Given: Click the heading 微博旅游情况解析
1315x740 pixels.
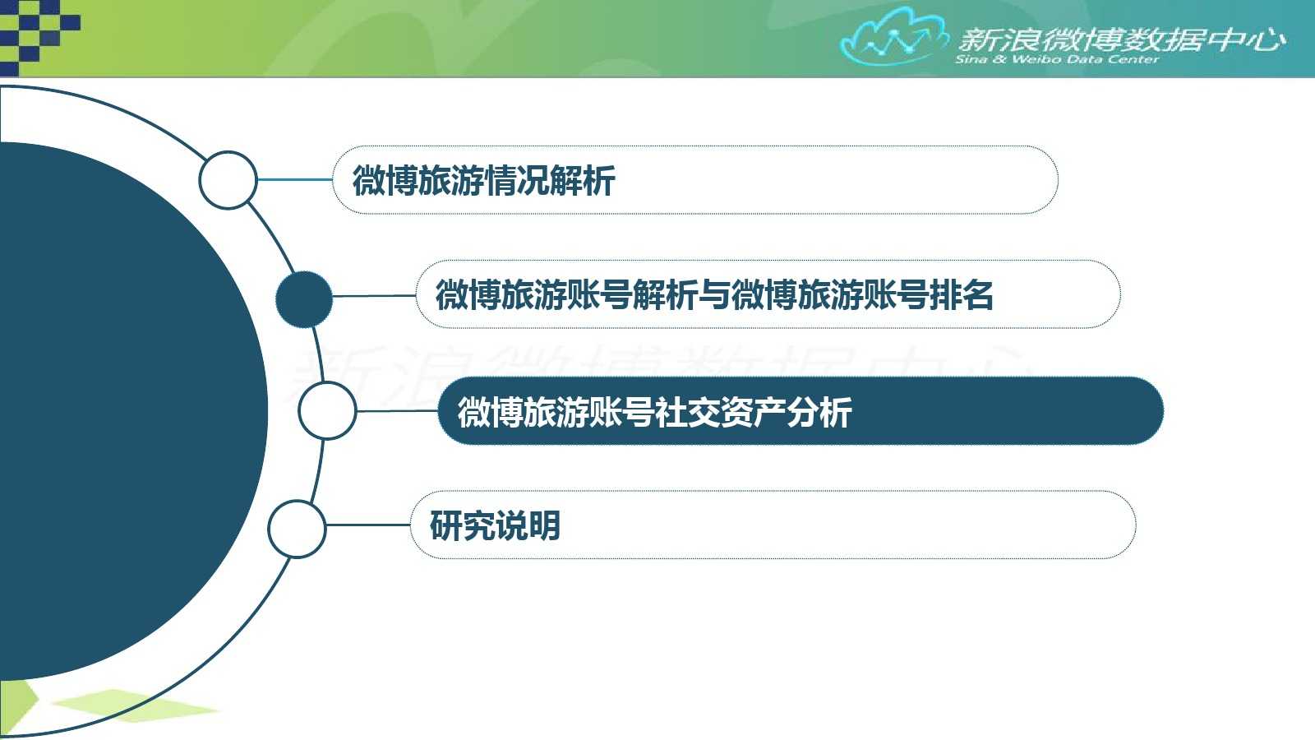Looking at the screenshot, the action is click(484, 180).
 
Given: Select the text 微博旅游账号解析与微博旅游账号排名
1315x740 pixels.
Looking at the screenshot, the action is click(714, 295).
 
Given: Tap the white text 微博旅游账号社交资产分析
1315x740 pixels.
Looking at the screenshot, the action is click(654, 412).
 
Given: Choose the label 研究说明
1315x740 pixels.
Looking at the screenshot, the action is click(495, 525).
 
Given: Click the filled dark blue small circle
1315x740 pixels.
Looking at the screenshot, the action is click(304, 299).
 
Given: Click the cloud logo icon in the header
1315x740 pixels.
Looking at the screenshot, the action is click(893, 36).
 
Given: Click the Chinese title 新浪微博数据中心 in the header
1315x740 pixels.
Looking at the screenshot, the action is click(1121, 40).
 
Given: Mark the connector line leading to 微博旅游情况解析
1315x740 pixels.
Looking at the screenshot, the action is click(295, 180).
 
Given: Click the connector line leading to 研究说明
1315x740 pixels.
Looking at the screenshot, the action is click(368, 525).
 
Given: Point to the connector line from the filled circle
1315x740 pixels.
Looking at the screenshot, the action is click(375, 295).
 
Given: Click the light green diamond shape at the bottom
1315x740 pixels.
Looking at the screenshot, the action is click(135, 705).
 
